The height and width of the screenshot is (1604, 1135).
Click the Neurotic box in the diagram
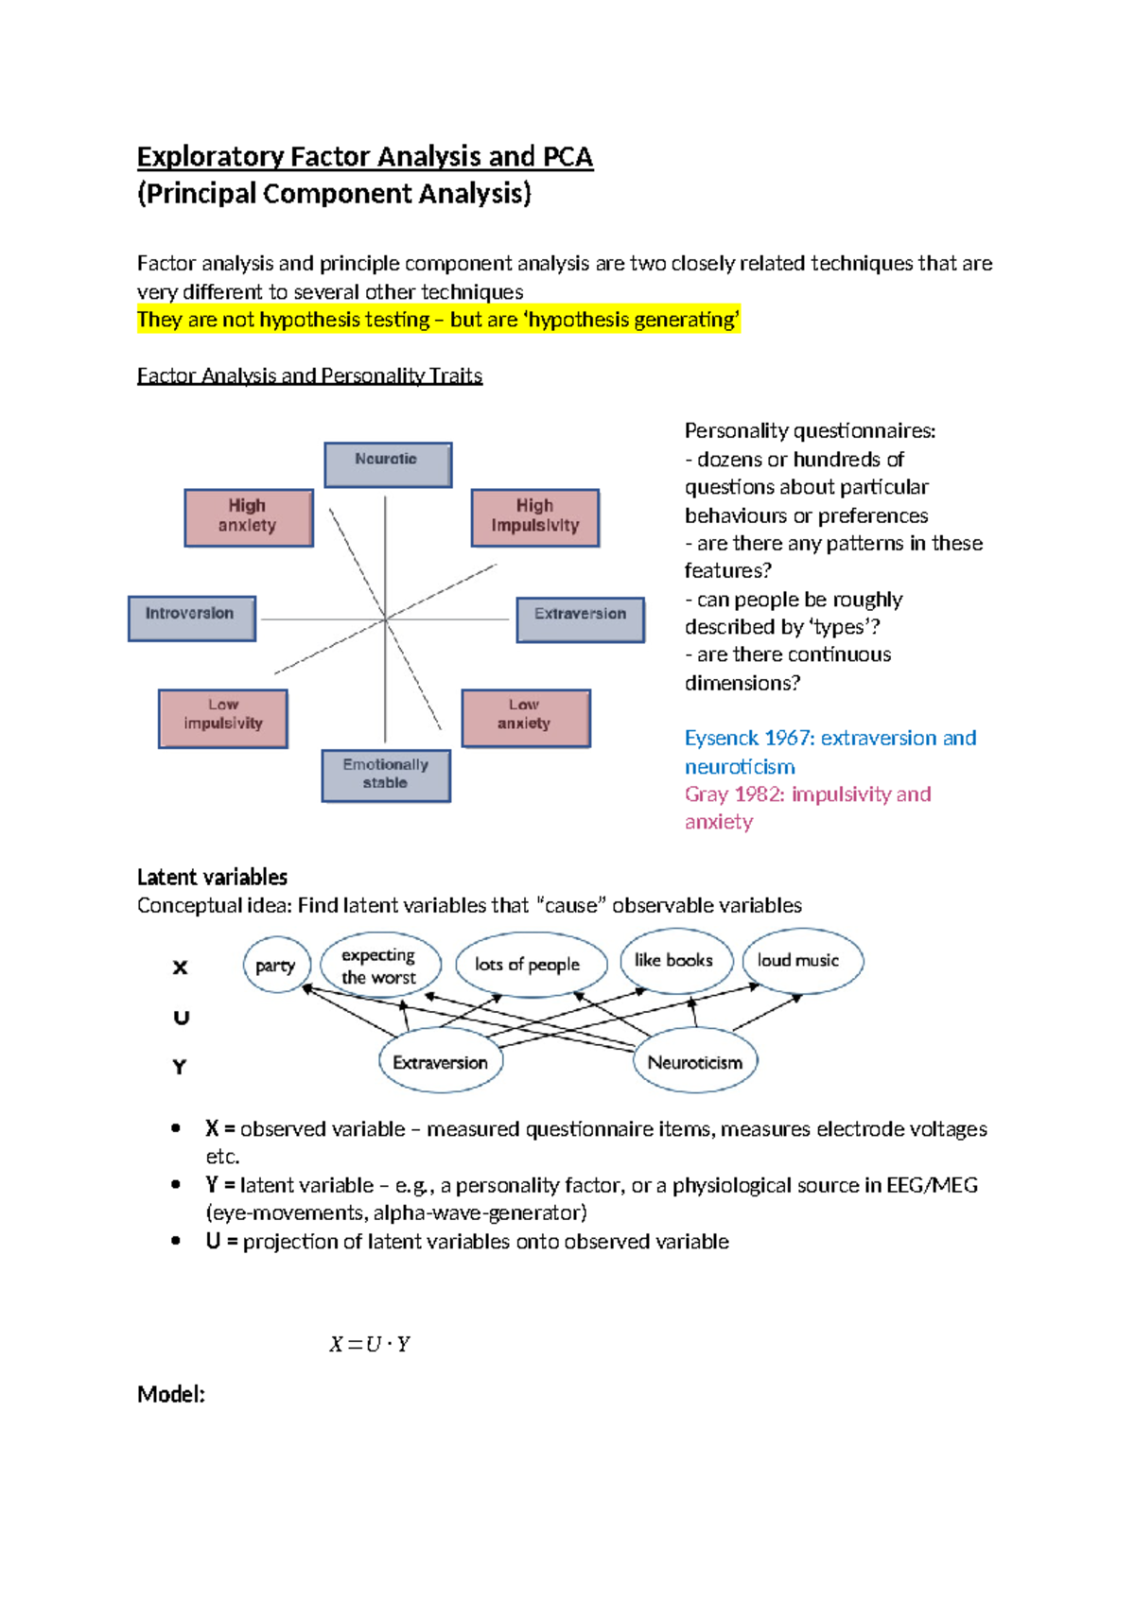[x=388, y=464]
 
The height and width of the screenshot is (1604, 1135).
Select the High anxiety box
[x=249, y=517]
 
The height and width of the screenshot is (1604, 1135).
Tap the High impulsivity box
[x=535, y=517]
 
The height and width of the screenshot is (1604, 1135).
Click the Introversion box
[x=192, y=618]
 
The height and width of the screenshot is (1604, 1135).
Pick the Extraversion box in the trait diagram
[x=580, y=619]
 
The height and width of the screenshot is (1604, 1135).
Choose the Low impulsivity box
[x=223, y=719]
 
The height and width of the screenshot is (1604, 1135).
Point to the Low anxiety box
[x=526, y=718]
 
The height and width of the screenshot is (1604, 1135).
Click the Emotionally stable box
[x=386, y=776]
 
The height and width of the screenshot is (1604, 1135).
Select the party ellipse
[x=276, y=965]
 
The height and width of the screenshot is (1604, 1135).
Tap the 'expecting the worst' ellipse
[x=379, y=966]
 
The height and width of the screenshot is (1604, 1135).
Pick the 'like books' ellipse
[x=674, y=961]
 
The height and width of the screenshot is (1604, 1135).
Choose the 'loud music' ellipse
[x=800, y=961]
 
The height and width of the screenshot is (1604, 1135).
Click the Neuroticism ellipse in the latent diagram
[x=695, y=1062]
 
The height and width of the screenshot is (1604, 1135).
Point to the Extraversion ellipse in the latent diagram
[x=441, y=1062]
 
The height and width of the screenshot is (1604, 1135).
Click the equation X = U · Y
[x=370, y=1344]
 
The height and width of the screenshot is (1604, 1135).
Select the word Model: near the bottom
[x=171, y=1394]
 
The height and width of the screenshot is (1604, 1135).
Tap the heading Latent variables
[x=212, y=877]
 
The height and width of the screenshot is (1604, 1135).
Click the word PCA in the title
[x=567, y=156]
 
